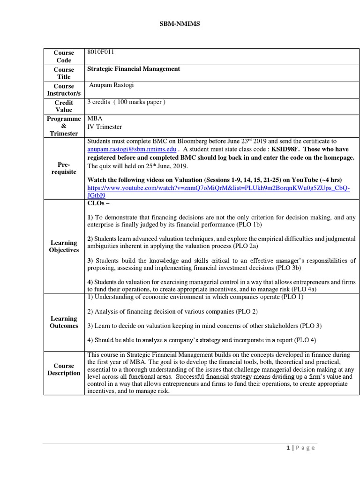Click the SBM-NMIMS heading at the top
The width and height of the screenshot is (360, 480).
(180, 24)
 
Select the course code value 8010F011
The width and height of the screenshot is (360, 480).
(101, 52)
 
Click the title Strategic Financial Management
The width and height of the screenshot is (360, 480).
(134, 69)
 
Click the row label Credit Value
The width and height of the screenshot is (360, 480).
(64, 106)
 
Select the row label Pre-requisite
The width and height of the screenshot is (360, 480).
(64, 168)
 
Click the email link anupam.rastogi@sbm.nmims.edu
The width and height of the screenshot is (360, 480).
(132, 149)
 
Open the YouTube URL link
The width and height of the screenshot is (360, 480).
(218, 191)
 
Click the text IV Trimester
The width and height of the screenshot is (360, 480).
(105, 127)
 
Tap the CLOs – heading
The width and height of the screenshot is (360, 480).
(99, 203)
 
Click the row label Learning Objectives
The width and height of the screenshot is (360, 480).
(64, 246)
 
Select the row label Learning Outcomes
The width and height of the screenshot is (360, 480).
(64, 322)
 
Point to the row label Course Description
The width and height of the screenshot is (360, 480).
(64, 369)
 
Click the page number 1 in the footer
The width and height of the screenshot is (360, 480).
(288, 448)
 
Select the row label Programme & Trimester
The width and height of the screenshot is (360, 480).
(64, 126)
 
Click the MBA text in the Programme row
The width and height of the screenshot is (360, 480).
(95, 119)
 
